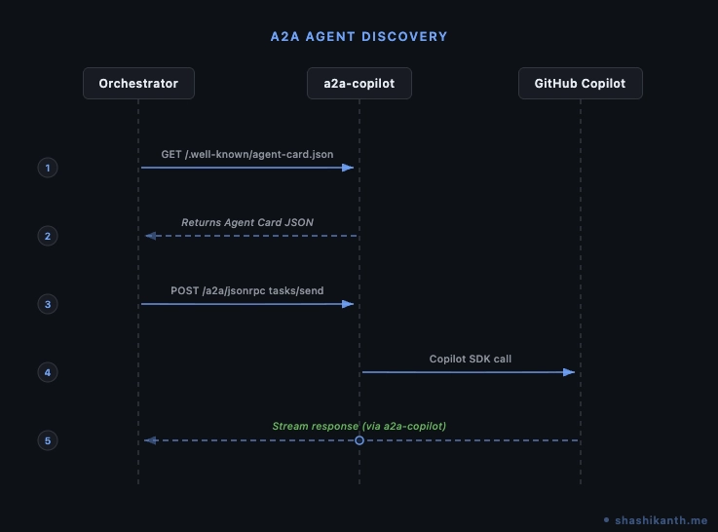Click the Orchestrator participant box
(x=138, y=84)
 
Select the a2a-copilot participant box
(x=359, y=84)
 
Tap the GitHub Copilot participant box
(x=581, y=84)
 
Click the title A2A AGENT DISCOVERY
(x=359, y=37)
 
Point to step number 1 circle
(x=47, y=168)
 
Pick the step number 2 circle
(x=47, y=236)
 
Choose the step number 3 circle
(x=47, y=304)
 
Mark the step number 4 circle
(x=47, y=372)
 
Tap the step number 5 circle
(x=47, y=440)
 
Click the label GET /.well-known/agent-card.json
(x=246, y=154)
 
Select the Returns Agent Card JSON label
(x=247, y=222)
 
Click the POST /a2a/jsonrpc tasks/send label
(x=246, y=290)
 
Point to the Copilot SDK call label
(x=471, y=359)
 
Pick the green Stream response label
(x=359, y=426)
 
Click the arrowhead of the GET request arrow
(x=349, y=168)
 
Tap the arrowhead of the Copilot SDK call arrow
(x=570, y=372)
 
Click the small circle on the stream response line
(x=359, y=440)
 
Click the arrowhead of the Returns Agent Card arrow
(x=149, y=236)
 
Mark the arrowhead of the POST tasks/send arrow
(x=349, y=304)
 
